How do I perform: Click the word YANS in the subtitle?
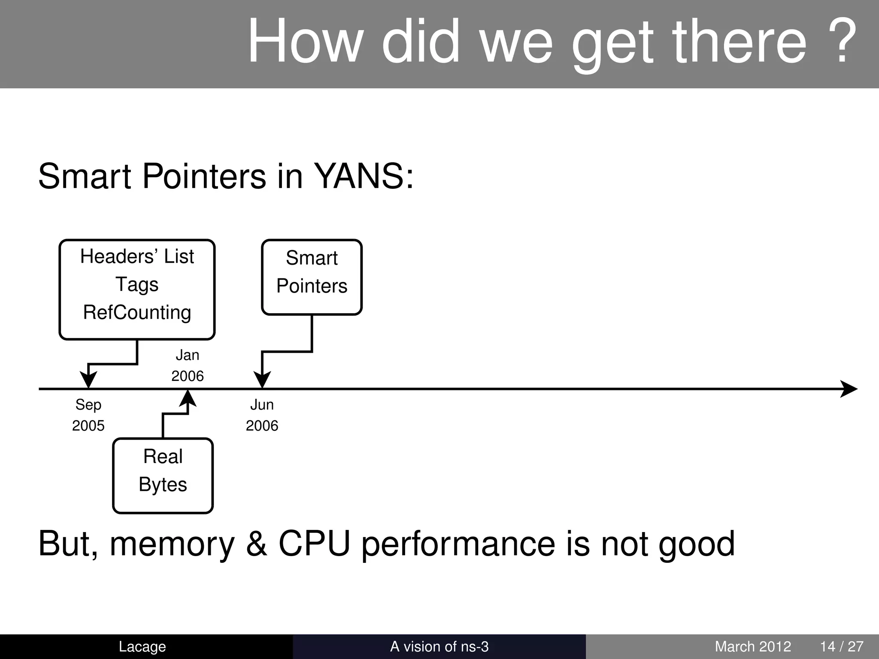[363, 176]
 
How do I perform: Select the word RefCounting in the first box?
[137, 312]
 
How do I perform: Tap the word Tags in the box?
[137, 284]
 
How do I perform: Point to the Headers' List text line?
[137, 257]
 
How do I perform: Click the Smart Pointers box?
[312, 277]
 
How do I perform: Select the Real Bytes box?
[163, 475]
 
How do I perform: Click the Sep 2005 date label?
[88, 415]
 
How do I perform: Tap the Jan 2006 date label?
[188, 366]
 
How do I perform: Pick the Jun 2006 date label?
[262, 415]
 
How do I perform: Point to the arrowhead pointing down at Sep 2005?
[88, 380]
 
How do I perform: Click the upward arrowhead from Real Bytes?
[188, 399]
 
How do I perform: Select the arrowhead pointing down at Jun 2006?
[262, 380]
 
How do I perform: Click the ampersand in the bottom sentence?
[256, 544]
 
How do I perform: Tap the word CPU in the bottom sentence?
[314, 544]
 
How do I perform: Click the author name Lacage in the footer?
[142, 646]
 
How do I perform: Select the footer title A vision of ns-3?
[439, 646]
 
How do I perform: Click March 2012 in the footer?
[752, 646]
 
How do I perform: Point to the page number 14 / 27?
[841, 646]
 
